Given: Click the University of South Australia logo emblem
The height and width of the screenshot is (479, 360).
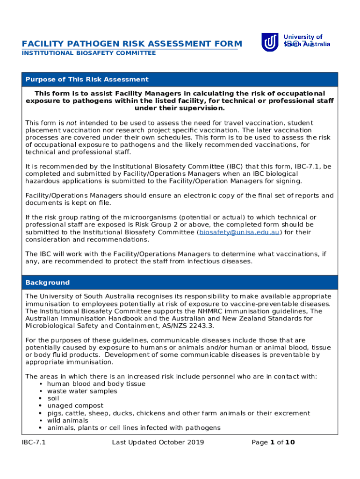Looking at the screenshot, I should click(270, 43).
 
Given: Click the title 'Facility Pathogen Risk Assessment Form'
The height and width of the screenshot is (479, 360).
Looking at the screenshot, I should click(131, 44).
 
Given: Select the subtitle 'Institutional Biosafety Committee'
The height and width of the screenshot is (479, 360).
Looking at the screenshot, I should click(89, 53).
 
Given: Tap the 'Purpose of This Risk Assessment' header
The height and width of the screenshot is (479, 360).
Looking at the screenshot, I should click(87, 80).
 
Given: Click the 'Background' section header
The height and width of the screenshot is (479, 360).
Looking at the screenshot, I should click(48, 283).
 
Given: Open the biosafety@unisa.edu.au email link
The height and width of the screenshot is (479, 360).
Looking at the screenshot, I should click(239, 232).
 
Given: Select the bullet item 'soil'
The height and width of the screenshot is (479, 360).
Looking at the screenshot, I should click(53, 399).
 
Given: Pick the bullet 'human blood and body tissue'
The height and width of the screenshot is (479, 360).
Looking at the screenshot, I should click(96, 384).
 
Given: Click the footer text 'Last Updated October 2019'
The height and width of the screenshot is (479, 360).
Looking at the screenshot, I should click(158, 443).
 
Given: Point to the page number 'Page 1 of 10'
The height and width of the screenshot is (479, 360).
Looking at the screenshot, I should click(273, 443).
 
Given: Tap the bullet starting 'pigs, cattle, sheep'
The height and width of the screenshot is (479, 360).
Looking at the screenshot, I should click(178, 414).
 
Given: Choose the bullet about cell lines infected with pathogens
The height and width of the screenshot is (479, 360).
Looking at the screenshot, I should click(134, 428).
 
